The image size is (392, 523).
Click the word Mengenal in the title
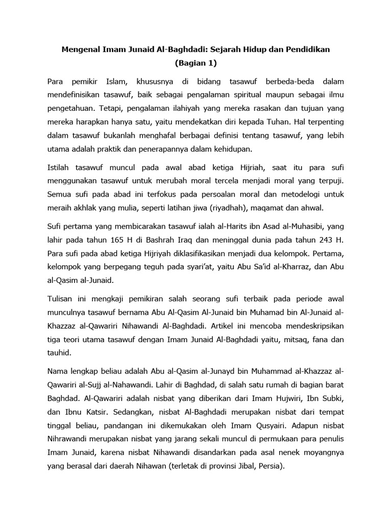(82, 49)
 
